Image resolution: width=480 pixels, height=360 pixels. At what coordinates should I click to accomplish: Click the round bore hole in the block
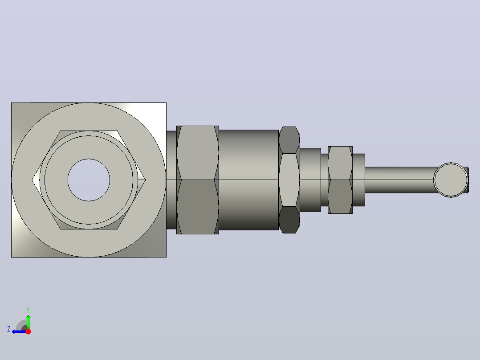pos(89,180)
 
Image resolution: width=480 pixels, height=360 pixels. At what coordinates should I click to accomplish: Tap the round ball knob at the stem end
pos(451,180)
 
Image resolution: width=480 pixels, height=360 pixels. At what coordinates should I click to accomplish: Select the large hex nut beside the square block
pos(197,180)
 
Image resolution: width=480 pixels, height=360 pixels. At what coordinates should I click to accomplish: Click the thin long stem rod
pos(399,180)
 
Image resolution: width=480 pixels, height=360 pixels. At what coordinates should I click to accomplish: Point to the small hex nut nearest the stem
pos(340,180)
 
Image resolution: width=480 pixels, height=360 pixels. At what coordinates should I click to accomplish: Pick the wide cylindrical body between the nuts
pos(248,180)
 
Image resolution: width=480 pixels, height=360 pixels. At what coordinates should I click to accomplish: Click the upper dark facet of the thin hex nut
pos(289,140)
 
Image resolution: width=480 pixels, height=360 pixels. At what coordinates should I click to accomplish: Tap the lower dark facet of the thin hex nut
pos(289,220)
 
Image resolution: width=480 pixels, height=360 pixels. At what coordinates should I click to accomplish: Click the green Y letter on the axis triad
pos(28,310)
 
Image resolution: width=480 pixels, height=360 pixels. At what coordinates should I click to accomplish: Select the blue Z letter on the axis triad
pos(9,329)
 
